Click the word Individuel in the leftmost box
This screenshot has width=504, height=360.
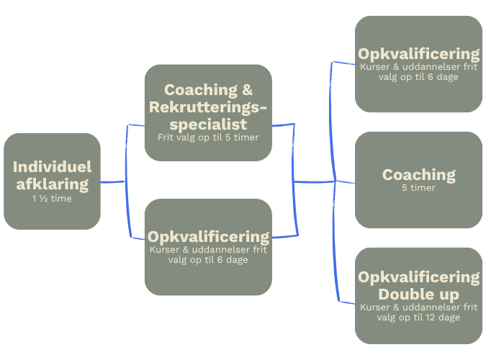click(52, 167)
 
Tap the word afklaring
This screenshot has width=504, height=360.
click(52, 184)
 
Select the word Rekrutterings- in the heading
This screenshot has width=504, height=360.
click(207, 107)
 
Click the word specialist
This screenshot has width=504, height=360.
click(207, 124)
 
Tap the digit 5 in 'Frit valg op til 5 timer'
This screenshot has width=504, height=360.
click(230, 137)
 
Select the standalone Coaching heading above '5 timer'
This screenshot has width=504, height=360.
click(418, 174)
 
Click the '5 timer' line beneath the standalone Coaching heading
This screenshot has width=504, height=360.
click(418, 188)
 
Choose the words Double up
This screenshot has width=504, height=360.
click(418, 294)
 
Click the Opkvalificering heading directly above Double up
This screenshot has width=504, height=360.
click(418, 277)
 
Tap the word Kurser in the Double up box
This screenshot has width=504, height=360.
click(374, 307)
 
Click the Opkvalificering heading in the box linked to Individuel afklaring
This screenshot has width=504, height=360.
click(208, 236)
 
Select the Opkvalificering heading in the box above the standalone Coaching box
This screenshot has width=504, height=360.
click(418, 54)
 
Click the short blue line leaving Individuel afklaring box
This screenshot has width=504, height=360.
click(112, 182)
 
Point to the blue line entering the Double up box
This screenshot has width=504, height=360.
click(346, 301)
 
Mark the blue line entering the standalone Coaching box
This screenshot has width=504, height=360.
click(346, 182)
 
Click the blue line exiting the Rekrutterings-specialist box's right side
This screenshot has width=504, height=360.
click(284, 125)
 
